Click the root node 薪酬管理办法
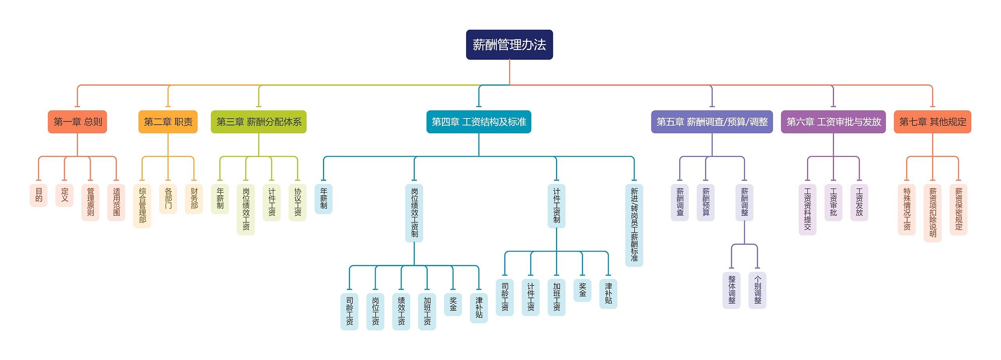pos(509,45)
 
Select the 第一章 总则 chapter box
pos(77,122)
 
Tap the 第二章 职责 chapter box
pos(168,122)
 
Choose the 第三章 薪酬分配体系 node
pos(258,122)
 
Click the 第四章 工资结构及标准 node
pos(479,122)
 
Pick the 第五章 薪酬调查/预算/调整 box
pos(712,122)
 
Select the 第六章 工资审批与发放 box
pos(833,122)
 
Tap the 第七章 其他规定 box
pos(932,122)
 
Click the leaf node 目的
pos(39,195)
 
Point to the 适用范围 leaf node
pos(116,202)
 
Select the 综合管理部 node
pos(142,206)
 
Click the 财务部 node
pos(194,199)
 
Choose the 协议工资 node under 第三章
pos(298,202)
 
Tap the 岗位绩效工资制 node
pos(414,213)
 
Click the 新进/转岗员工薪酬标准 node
pos(634,225)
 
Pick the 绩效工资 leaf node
pos(401,311)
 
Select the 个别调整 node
pos(757,290)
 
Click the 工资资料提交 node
pos(807,209)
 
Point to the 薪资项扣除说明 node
pos(933,213)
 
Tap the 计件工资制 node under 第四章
pos(556,206)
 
